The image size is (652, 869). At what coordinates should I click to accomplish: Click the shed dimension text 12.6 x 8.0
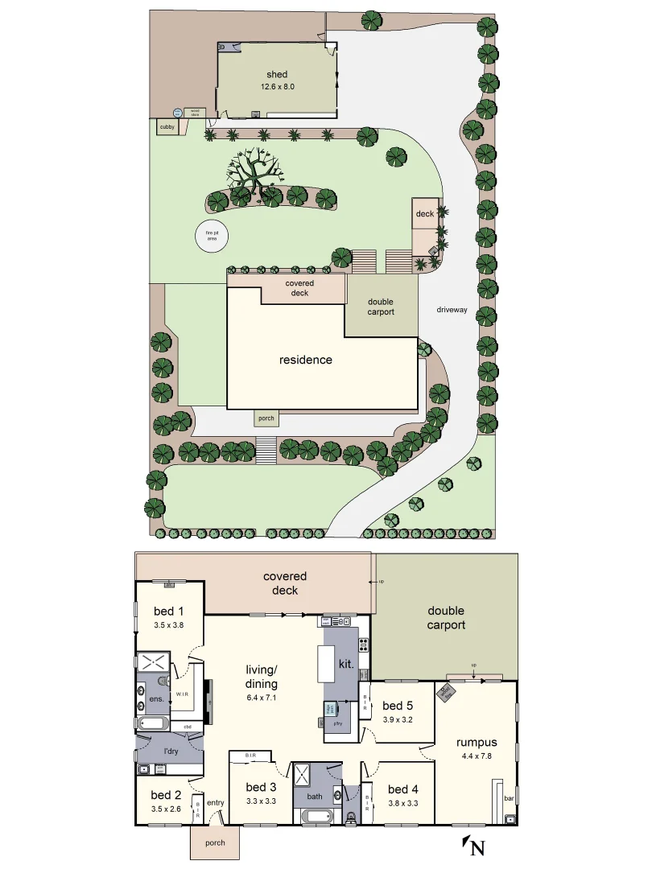tap(277, 86)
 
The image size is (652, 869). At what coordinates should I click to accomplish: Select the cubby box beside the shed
tap(167, 127)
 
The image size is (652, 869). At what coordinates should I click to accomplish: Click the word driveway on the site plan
tap(452, 309)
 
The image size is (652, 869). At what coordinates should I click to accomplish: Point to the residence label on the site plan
tap(305, 360)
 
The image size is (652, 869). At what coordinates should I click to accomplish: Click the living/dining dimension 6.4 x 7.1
tap(261, 698)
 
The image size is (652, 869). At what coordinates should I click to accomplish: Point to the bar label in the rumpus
tap(508, 799)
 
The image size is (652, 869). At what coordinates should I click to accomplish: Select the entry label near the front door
tap(215, 802)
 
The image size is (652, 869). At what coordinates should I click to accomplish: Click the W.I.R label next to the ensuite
tap(181, 692)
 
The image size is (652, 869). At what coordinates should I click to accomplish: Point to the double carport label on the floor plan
tap(446, 618)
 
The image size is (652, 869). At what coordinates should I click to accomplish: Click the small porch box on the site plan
tap(266, 418)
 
